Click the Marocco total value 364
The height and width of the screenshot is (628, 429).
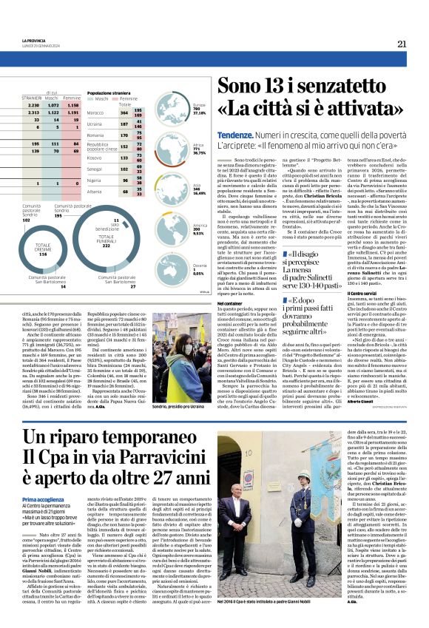(x=124, y=113)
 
